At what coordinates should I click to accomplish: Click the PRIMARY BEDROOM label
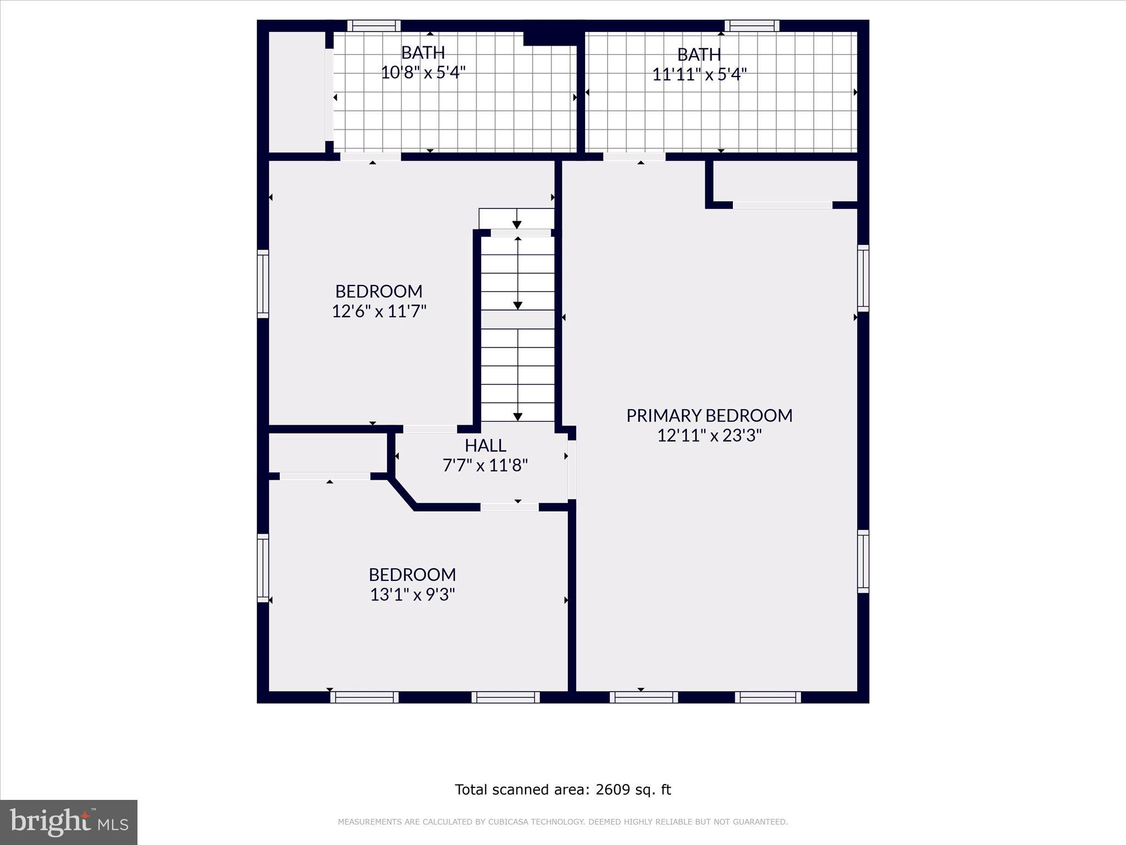(x=709, y=415)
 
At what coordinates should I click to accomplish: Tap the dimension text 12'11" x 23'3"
(x=709, y=436)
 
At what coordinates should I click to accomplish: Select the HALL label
(x=485, y=445)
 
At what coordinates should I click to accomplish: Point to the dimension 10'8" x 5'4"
(x=423, y=72)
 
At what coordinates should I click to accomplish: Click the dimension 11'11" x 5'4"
(x=699, y=74)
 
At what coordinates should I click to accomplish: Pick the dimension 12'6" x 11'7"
(x=379, y=311)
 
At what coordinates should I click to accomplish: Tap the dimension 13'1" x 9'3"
(x=412, y=595)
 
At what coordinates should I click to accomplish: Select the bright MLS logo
(x=69, y=822)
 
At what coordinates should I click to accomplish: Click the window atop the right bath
(x=752, y=25)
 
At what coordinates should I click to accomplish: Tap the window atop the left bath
(x=374, y=25)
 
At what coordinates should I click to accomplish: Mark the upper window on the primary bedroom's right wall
(x=863, y=278)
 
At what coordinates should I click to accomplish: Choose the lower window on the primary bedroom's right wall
(x=863, y=561)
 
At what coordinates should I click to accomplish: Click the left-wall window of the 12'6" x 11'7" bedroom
(x=263, y=284)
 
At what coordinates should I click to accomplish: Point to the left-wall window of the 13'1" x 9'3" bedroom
(x=263, y=568)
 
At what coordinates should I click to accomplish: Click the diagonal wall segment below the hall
(x=402, y=493)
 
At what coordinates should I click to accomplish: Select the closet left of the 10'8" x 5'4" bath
(x=296, y=92)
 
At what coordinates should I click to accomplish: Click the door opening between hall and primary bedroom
(x=572, y=469)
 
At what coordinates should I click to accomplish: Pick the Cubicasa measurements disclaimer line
(x=562, y=822)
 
